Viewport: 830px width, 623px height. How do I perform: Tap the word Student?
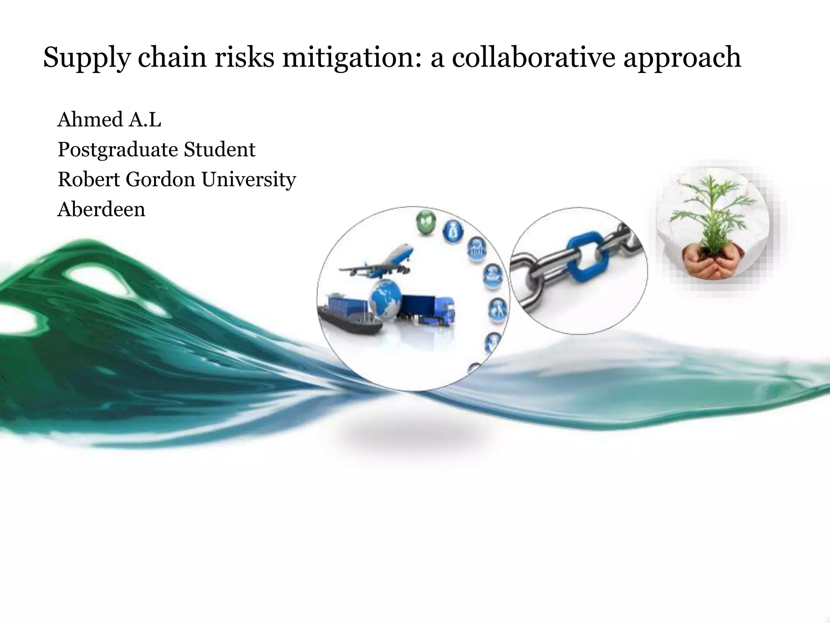(x=220, y=149)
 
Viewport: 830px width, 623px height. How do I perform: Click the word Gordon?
(x=160, y=179)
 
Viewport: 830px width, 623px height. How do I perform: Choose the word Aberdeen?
(x=101, y=210)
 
